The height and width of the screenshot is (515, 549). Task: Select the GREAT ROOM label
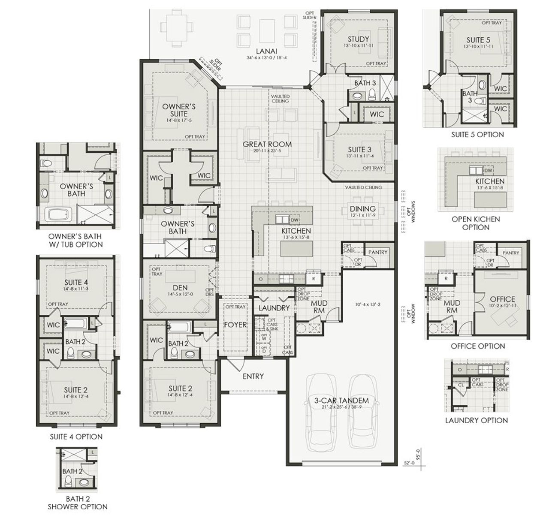click(267, 145)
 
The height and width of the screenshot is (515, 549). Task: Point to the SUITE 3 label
click(359, 150)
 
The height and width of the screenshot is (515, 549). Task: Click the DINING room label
click(362, 209)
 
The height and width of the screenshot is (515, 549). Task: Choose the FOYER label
click(235, 325)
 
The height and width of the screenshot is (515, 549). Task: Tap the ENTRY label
click(253, 376)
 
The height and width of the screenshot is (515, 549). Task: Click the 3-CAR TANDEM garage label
click(341, 401)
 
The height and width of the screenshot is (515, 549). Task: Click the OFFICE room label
click(502, 299)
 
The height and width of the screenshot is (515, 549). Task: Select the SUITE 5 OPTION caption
click(477, 135)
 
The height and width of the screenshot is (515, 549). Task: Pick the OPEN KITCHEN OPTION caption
click(476, 223)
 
